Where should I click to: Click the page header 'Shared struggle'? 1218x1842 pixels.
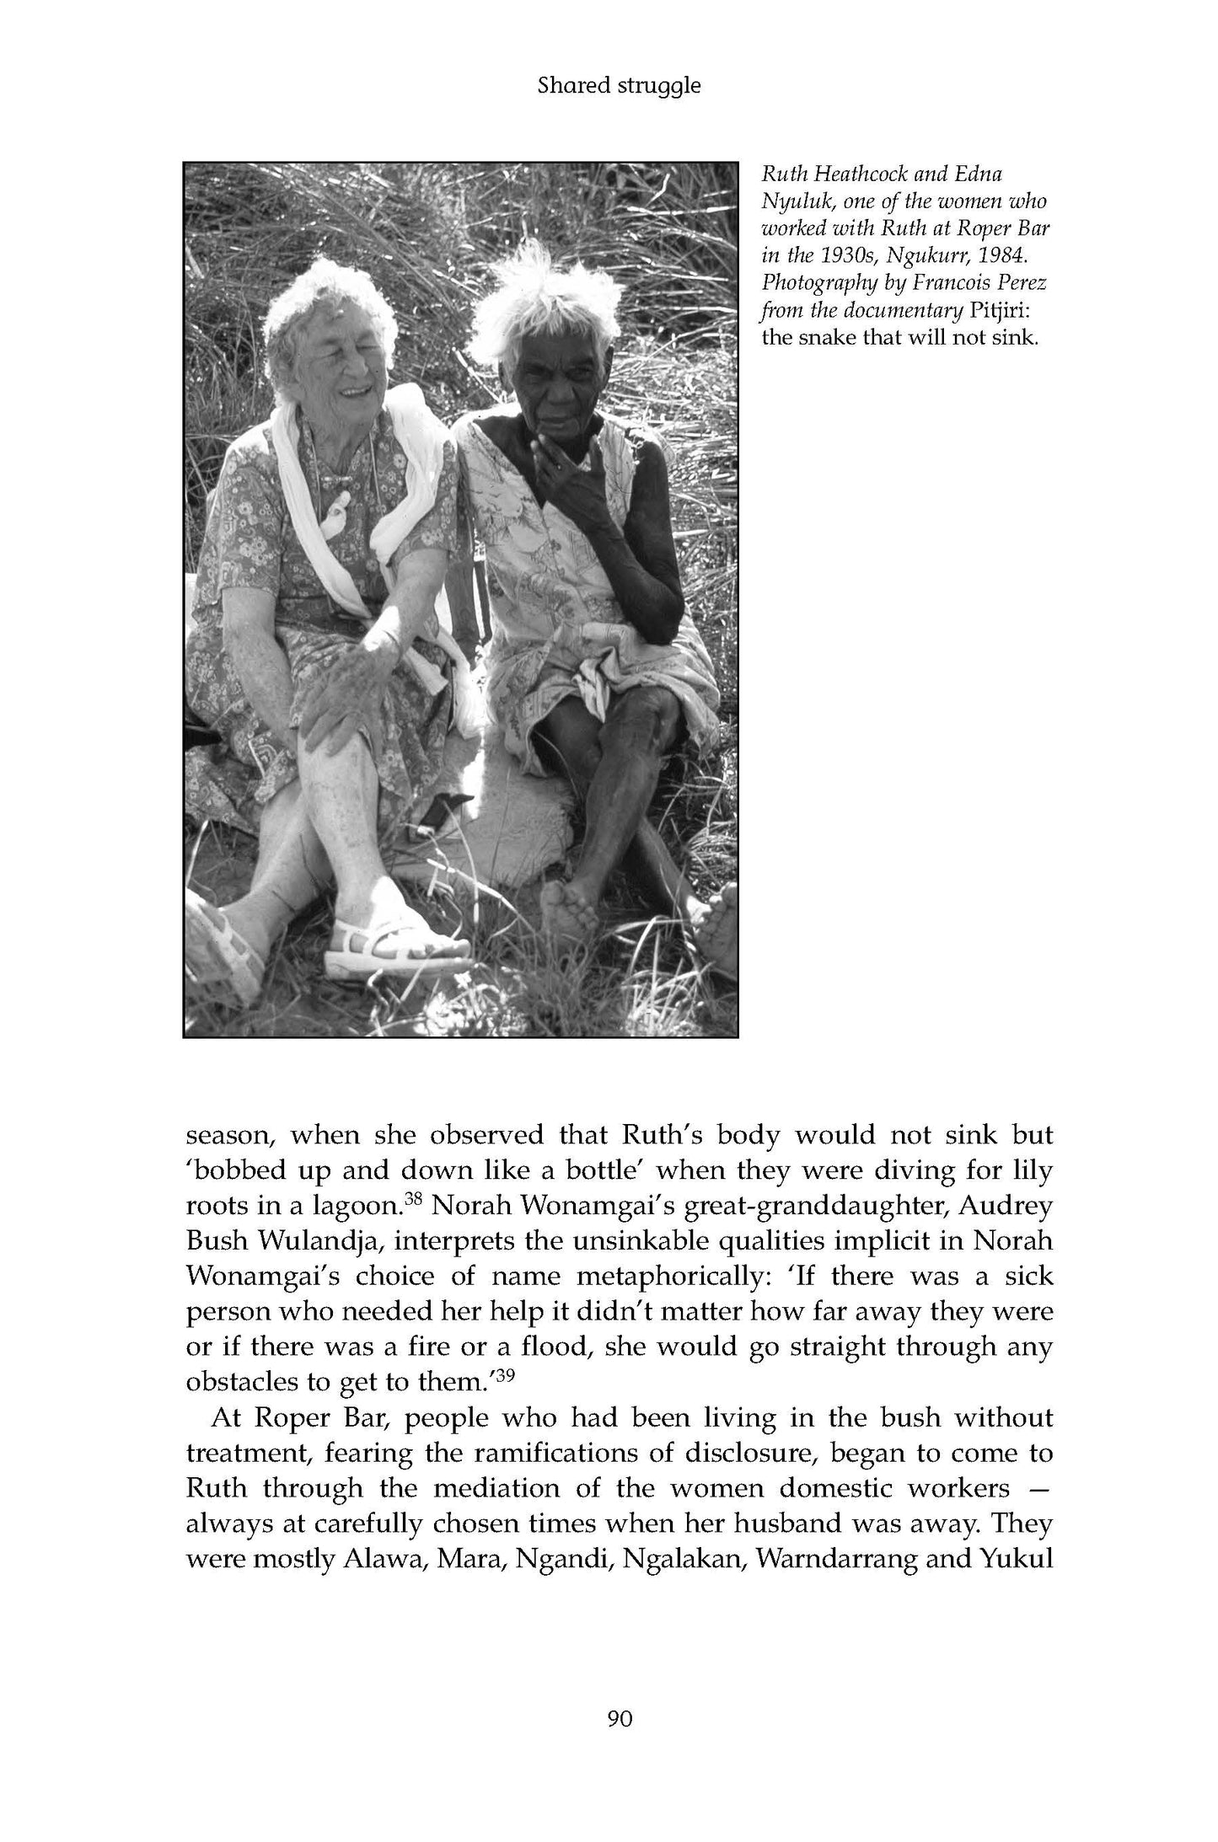pos(619,86)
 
